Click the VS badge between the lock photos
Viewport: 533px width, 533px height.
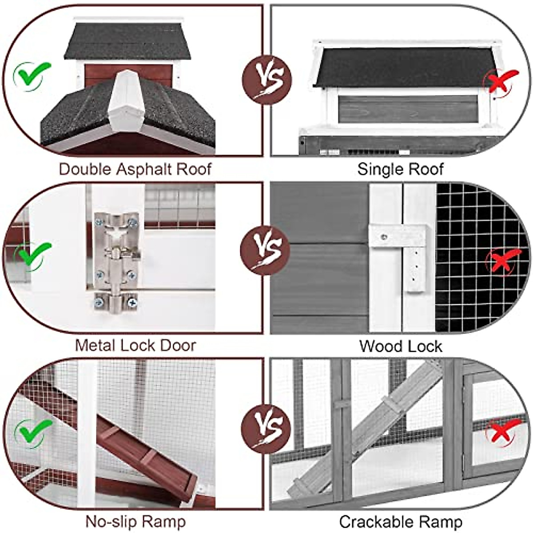tap(265, 250)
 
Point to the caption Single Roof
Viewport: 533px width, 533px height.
tap(400, 169)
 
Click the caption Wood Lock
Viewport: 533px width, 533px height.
tap(401, 346)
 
